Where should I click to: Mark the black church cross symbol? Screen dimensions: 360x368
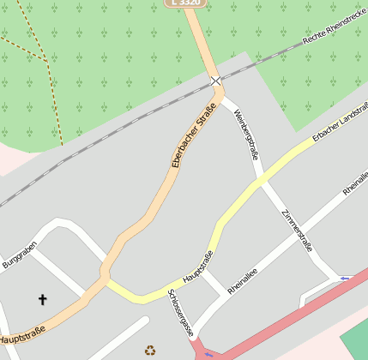coord(43,299)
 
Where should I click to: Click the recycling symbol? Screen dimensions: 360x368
coord(150,350)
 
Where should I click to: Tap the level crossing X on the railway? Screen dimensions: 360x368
coord(215,81)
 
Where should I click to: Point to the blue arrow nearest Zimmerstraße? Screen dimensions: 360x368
coord(345,278)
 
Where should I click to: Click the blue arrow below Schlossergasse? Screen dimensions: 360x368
coord(208,353)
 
